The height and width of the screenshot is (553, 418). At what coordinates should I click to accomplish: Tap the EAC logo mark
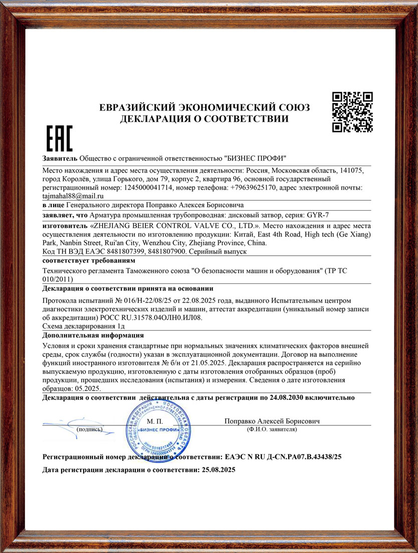[59, 139]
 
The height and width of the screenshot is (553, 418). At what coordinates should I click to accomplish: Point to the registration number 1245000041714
[146, 188]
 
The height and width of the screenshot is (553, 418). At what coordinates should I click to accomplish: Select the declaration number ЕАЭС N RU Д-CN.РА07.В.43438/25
[284, 457]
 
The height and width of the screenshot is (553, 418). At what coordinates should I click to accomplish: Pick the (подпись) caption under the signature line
[89, 429]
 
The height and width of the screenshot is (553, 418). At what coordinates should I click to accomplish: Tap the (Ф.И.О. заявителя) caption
[272, 429]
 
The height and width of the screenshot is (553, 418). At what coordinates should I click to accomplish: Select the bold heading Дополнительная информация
[93, 335]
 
